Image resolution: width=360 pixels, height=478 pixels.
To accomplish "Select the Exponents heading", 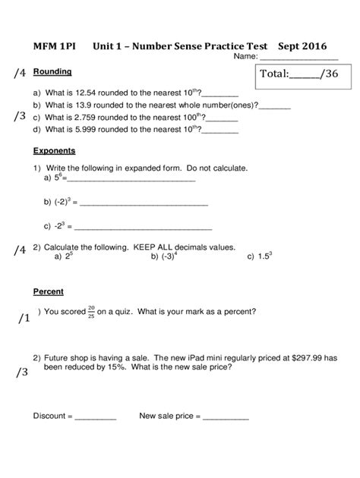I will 55,149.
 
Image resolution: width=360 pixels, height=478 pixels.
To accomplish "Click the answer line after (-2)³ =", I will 144,204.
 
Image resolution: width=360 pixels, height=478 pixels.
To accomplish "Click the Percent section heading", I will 49,291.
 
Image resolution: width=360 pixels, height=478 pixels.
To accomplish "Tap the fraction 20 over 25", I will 91,310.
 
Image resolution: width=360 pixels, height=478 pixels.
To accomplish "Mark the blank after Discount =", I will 96,417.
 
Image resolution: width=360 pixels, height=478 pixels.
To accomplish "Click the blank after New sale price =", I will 225,417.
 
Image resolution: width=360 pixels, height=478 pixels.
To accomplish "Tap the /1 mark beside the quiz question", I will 22,319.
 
